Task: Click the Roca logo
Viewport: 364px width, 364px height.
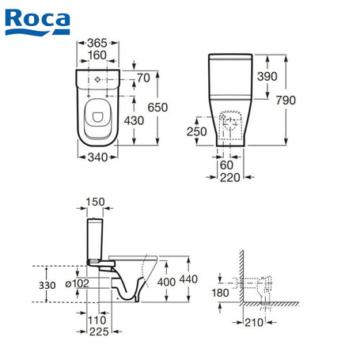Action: click(37, 22)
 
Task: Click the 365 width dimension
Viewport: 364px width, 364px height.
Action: click(97, 43)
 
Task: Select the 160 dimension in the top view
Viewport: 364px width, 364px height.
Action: click(97, 55)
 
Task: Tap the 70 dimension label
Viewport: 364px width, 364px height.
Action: click(144, 78)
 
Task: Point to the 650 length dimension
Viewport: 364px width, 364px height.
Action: click(157, 108)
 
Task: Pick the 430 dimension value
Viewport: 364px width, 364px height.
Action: click(134, 121)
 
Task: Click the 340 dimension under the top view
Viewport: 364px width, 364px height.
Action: click(97, 157)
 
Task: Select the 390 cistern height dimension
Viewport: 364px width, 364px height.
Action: click(267, 77)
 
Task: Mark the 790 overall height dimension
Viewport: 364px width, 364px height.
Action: click(286, 100)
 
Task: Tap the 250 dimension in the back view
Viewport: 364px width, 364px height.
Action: click(197, 131)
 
